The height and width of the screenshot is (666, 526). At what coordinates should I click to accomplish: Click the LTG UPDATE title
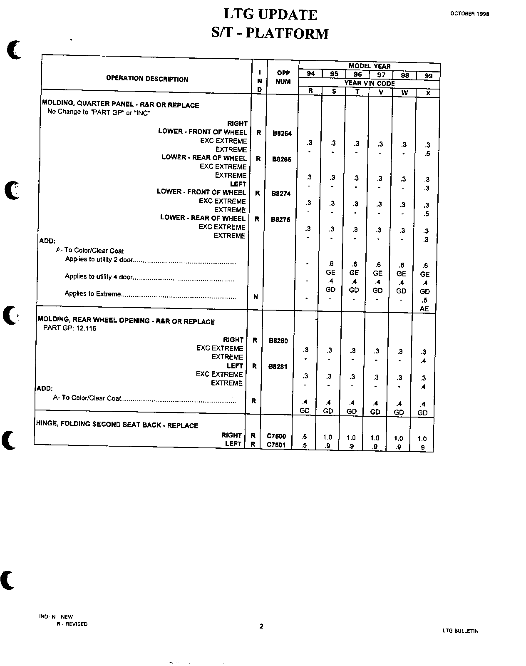click(x=270, y=15)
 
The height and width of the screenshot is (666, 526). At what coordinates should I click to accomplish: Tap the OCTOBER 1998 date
click(x=469, y=13)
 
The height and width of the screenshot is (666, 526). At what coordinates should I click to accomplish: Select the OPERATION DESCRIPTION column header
click(x=147, y=79)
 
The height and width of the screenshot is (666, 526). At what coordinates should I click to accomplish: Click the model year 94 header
click(x=310, y=74)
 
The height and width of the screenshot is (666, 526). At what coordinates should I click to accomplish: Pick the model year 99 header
click(x=428, y=76)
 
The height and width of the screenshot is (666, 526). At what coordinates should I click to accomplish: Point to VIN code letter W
click(x=404, y=92)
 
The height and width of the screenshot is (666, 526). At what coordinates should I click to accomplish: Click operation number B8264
click(x=282, y=134)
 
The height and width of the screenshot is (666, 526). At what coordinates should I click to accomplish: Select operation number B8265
click(x=282, y=159)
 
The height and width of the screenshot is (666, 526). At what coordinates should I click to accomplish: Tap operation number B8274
click(x=281, y=194)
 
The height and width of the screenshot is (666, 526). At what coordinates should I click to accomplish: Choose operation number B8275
click(x=280, y=219)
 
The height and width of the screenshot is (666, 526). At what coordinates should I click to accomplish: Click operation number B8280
click(x=278, y=340)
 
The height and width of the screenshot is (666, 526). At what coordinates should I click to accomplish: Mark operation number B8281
click(x=278, y=367)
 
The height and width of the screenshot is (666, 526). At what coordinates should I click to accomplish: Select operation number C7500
click(x=276, y=436)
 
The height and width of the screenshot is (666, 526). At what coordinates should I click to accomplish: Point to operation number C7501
click(x=276, y=445)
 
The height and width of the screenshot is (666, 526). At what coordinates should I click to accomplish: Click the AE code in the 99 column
click(x=424, y=309)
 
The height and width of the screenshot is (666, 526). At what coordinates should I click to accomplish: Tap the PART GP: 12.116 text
click(x=69, y=328)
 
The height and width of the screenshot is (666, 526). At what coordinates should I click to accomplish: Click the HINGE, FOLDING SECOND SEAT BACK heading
click(x=117, y=425)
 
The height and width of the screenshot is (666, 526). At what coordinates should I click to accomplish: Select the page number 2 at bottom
click(x=261, y=626)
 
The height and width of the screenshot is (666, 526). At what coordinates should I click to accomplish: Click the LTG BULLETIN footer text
click(x=461, y=631)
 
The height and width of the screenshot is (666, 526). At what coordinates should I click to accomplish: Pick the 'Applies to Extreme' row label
click(x=92, y=294)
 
